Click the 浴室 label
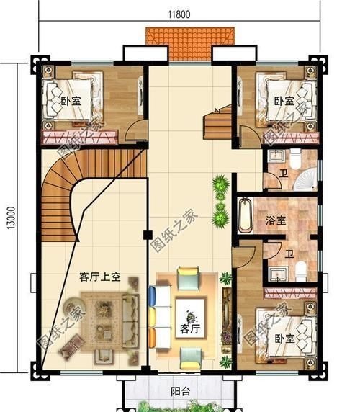point(276,220)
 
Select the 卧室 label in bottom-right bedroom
point(284,337)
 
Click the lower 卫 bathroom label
point(289,253)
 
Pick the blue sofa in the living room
point(153,313)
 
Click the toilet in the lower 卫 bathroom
point(302,270)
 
